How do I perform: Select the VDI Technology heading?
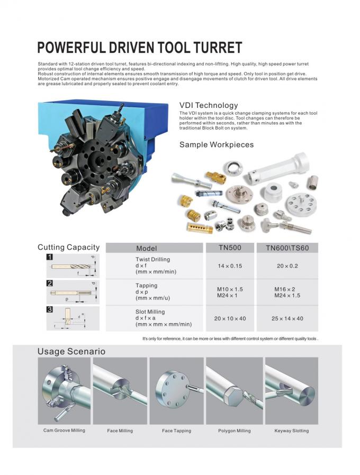tap(209, 105)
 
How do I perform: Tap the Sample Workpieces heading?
tap(217, 144)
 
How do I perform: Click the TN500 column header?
tap(230, 248)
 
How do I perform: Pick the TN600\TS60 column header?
tap(287, 248)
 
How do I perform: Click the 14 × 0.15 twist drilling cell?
tap(230, 266)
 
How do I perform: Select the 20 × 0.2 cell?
tap(287, 266)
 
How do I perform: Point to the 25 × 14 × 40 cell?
tap(287, 318)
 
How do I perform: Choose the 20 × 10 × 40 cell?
tap(230, 318)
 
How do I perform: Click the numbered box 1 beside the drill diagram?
tap(49, 257)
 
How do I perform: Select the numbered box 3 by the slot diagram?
tap(49, 310)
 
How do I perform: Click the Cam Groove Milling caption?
tap(64, 431)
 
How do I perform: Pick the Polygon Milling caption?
tap(234, 431)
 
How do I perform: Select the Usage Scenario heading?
tap(71, 352)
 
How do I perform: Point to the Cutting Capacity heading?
tap(68, 247)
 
